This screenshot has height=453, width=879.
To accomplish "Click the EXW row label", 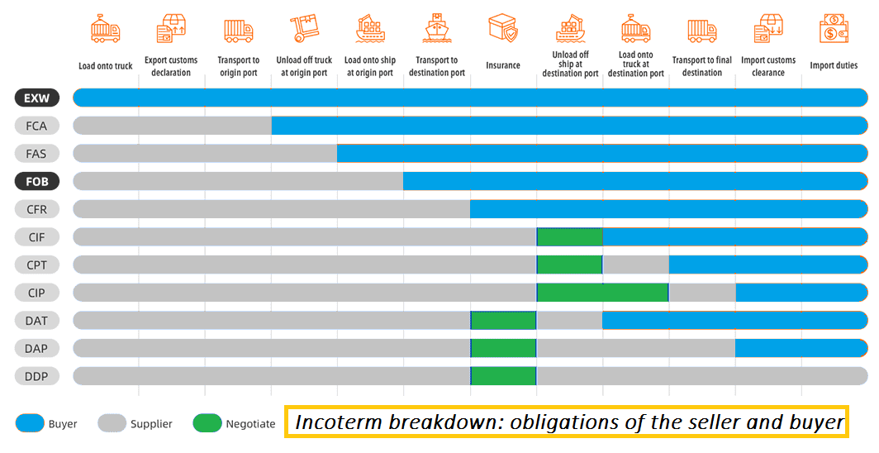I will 36,98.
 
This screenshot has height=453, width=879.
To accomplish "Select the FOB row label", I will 36,181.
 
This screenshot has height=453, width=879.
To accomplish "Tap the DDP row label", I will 36,376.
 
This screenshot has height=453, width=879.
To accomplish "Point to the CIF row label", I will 36,237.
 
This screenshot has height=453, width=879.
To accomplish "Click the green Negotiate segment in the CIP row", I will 602,293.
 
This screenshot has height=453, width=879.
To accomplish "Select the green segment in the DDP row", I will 503,376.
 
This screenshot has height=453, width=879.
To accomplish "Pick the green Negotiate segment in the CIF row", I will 569,237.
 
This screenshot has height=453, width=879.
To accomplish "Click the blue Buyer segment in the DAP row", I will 801,348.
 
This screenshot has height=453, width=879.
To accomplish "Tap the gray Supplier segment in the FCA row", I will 172,126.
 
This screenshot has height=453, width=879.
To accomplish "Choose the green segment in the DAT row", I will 503,320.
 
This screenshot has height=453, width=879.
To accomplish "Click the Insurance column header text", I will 503,65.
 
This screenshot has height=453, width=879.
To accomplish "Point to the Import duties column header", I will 834,65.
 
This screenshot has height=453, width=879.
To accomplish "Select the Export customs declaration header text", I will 172,66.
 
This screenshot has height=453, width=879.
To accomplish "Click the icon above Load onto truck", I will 106,29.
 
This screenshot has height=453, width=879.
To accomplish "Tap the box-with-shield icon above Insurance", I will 502,29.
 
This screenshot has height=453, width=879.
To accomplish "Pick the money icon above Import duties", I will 834,29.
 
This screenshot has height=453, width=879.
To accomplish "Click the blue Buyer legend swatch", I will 29,423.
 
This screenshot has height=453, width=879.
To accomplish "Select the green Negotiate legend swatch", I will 207,423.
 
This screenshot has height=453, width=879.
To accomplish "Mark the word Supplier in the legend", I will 151,424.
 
